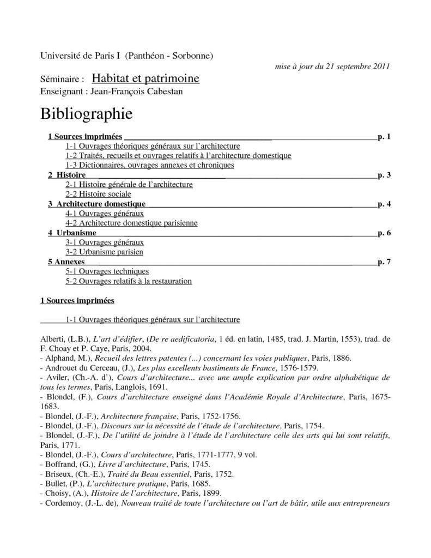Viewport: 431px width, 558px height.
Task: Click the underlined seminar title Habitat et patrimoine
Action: [145, 80]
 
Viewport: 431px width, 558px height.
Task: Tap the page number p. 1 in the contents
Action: [384, 136]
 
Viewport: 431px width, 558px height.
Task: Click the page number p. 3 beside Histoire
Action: [384, 175]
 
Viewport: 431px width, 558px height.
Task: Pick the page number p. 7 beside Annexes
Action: [384, 262]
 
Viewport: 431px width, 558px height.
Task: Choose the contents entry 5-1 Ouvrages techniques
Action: [107, 271]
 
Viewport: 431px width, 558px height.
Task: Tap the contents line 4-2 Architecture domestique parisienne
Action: [131, 223]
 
